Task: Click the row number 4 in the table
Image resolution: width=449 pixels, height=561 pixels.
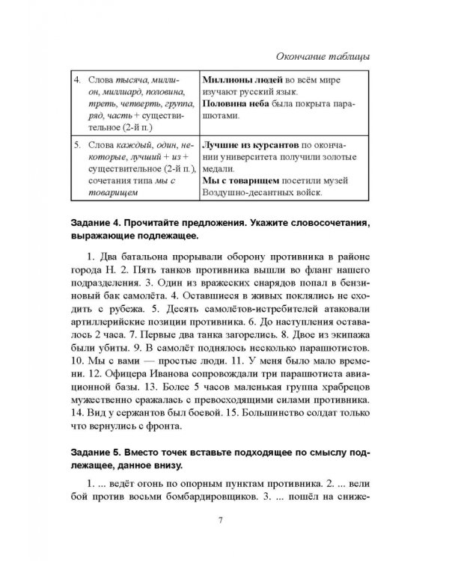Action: point(76,79)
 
